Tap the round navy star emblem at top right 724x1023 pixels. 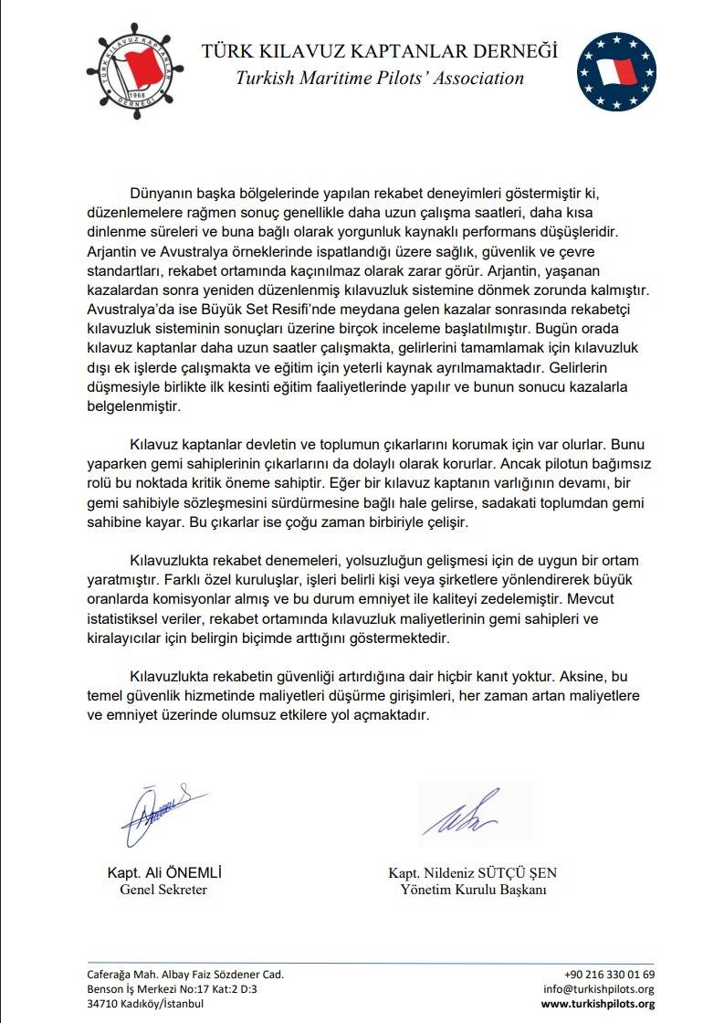click(x=617, y=69)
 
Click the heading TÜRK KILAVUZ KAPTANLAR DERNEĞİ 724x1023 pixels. click(x=379, y=51)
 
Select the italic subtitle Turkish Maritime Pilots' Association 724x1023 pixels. click(x=380, y=78)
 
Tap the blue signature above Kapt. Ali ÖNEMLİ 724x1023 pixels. click(x=158, y=814)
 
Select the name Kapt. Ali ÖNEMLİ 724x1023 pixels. click(x=164, y=872)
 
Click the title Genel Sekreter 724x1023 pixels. click(x=163, y=890)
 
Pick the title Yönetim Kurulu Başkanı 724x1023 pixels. click(x=473, y=890)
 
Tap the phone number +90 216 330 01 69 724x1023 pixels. click(x=609, y=974)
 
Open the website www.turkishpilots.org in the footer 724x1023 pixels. click(x=598, y=1004)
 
